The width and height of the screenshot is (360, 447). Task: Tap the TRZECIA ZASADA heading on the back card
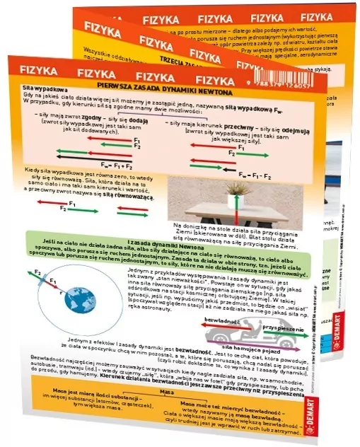pos(190,62)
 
